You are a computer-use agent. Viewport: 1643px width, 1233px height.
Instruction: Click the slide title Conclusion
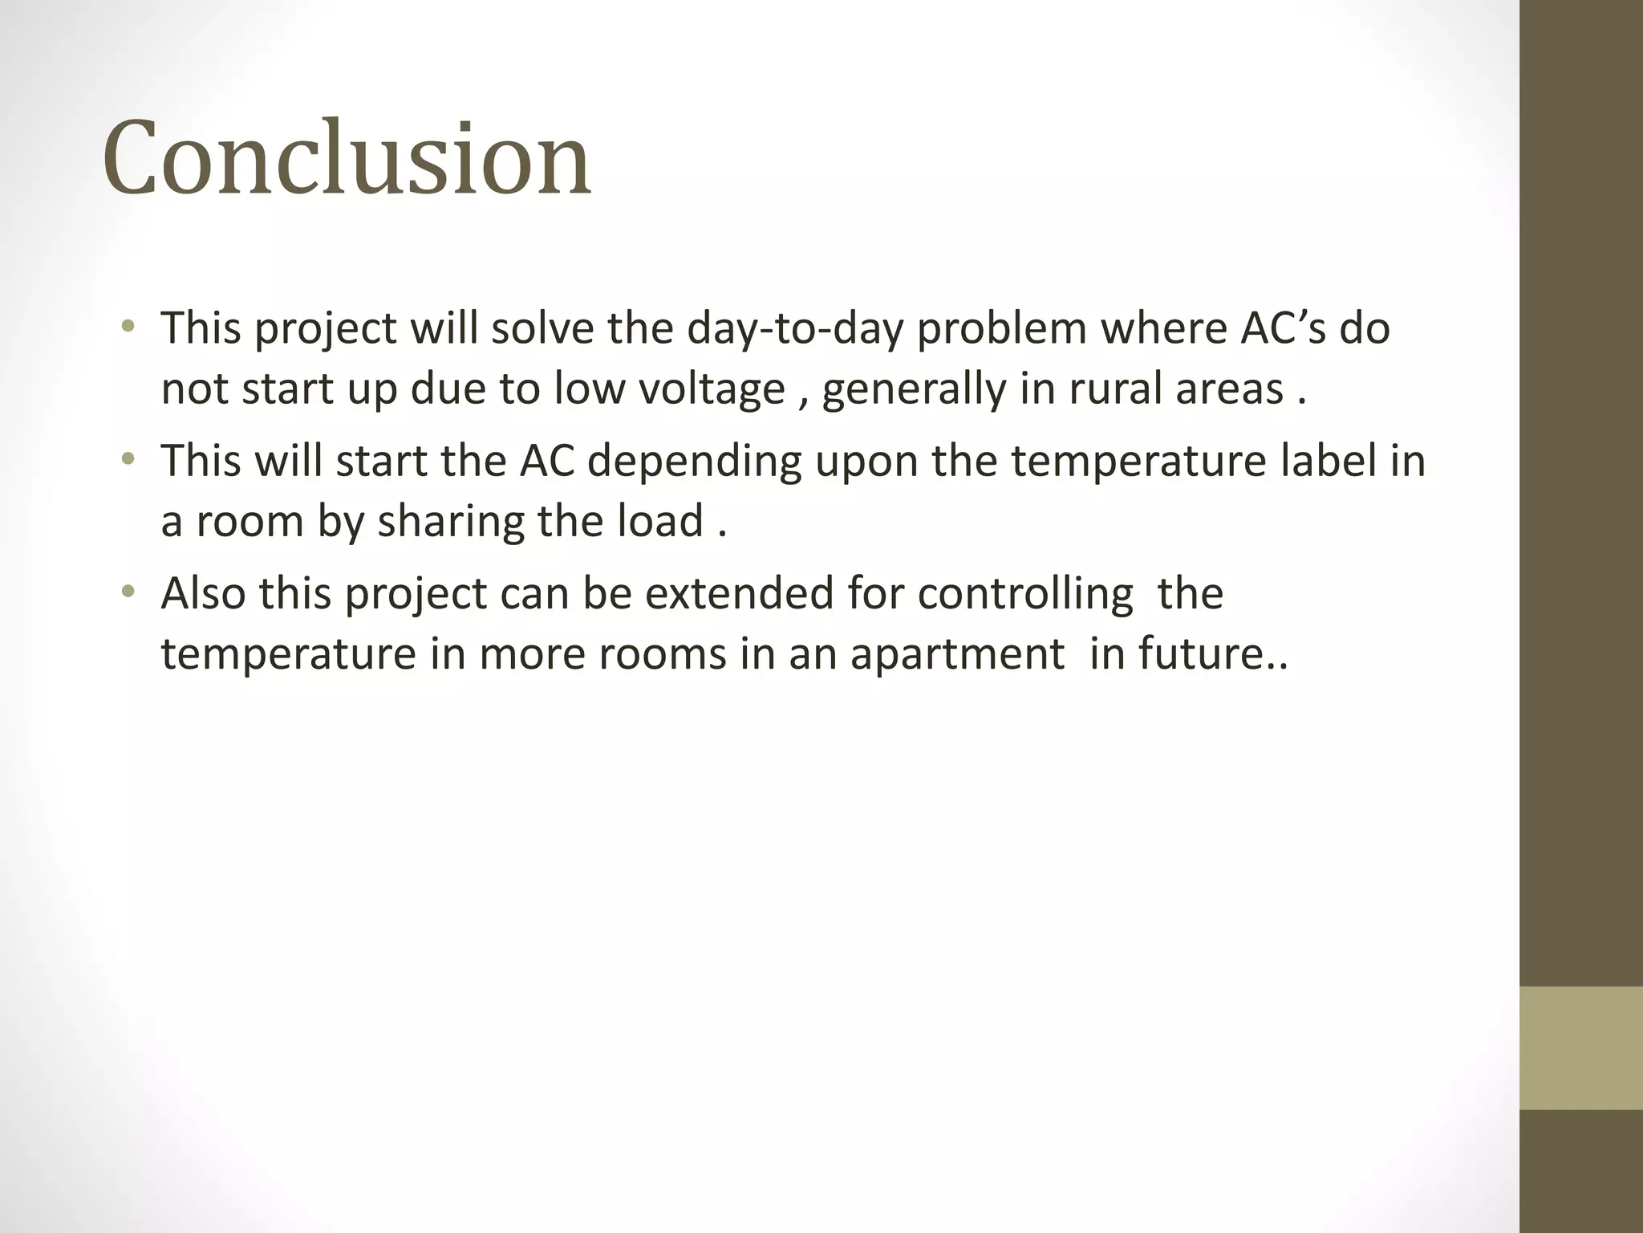[x=347, y=157]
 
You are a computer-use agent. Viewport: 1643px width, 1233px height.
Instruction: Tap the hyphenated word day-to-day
[x=794, y=329]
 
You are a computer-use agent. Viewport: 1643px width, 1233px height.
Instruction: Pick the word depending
[x=694, y=462]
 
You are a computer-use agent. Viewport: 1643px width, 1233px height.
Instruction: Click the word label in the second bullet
[x=1325, y=461]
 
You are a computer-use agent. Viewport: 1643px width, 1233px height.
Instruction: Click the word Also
[x=203, y=594]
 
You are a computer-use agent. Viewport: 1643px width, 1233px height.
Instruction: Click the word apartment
[x=957, y=655]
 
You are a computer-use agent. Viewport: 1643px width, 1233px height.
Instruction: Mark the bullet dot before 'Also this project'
[x=128, y=593]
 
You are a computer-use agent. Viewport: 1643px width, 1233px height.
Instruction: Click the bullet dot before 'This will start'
[x=128, y=460]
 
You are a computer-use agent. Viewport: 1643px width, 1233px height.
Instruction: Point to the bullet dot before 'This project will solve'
[x=128, y=327]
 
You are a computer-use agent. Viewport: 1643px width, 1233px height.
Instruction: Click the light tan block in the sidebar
[x=1581, y=1048]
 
